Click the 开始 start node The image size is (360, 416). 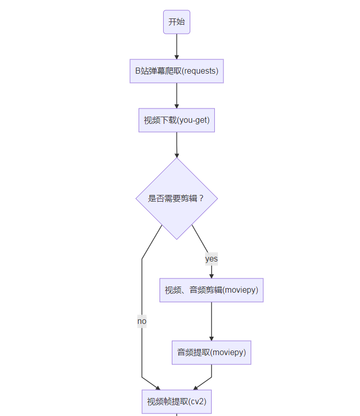176,22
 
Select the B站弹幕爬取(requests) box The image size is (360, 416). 176,71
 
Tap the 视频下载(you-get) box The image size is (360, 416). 176,120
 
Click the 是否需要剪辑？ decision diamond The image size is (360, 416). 176,198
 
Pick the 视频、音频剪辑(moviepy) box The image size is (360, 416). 211,290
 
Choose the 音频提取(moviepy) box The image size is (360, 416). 211,353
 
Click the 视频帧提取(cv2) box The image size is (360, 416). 176,402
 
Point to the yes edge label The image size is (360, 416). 211,259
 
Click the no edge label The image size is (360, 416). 142,321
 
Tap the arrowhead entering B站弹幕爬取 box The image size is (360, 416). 176,56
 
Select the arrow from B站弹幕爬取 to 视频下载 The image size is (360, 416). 176,95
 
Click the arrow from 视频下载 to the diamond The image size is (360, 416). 176,144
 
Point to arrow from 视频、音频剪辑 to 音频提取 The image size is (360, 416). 211,321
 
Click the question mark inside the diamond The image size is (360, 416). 201,199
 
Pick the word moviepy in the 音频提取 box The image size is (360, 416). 228,353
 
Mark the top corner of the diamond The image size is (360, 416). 176,158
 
